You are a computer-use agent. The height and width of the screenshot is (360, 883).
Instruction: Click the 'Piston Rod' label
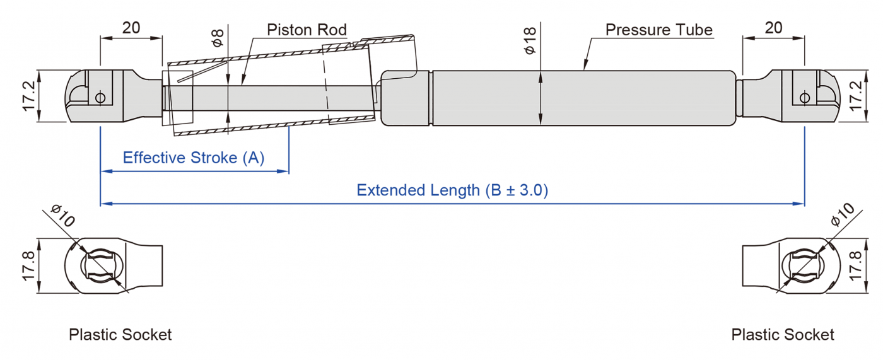coord(307,30)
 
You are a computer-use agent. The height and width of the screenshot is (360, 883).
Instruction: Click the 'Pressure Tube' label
coord(658,30)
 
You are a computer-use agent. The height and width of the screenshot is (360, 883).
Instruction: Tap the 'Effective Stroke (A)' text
coord(194,158)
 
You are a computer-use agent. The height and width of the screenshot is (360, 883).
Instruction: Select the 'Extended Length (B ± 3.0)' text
coord(452,190)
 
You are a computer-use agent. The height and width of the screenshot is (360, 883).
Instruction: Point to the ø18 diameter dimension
coord(530,40)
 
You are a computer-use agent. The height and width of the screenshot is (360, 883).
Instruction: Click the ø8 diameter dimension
coord(218,38)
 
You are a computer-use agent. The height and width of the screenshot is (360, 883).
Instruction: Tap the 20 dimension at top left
coord(131,28)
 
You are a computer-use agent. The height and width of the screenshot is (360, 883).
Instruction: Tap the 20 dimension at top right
coord(773,28)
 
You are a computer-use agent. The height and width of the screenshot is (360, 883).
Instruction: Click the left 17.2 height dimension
coord(29,96)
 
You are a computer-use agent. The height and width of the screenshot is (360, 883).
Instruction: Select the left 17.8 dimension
coord(29,266)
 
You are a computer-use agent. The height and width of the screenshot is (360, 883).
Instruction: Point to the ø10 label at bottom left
coord(63,216)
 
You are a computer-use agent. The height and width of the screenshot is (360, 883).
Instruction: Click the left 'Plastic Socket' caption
coord(120,334)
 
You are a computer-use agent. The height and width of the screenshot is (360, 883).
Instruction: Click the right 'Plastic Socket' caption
coord(783,334)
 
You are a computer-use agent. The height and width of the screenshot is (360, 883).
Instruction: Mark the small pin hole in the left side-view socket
coord(100,97)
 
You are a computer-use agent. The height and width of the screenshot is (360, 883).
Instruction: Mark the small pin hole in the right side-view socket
coord(805,97)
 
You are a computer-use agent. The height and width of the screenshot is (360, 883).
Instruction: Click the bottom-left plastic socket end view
coord(114,265)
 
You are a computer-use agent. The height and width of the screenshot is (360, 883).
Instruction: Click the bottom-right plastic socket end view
coord(792,265)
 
